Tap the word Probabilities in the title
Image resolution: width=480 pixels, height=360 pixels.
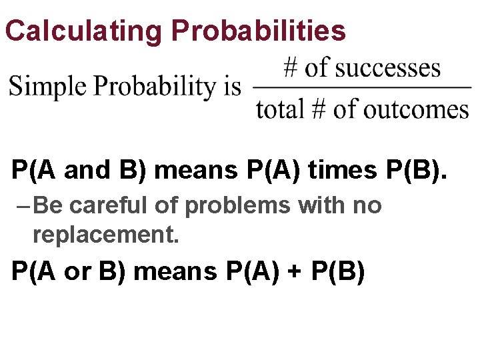pos(259,31)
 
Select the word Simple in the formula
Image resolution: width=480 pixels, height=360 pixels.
pos(48,87)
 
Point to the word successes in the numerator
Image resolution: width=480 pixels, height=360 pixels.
pos(389,68)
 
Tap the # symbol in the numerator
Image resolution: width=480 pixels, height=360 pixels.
pos(291,68)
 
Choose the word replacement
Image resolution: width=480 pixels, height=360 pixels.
pos(106,234)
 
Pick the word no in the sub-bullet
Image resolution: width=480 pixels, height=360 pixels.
pos(367,206)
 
